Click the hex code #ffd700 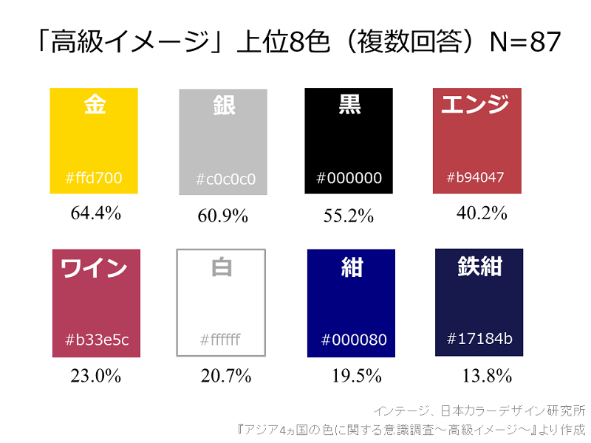click(x=94, y=178)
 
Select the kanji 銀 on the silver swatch click(x=222, y=105)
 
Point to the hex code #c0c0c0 click(x=226, y=179)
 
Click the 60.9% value click(x=222, y=216)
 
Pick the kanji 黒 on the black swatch click(x=349, y=105)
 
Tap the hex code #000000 click(x=349, y=178)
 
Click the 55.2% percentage click(x=349, y=216)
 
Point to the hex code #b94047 click(x=476, y=178)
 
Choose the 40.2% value click(x=482, y=213)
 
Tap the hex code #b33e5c click(x=97, y=340)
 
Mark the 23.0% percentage click(x=95, y=376)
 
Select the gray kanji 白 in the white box click(x=222, y=267)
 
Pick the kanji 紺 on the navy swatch click(x=352, y=267)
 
